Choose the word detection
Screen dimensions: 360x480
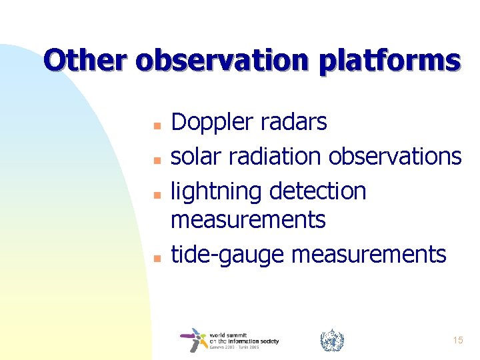(318, 191)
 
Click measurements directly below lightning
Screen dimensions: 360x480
(248, 219)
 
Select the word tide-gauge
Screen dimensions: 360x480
(229, 254)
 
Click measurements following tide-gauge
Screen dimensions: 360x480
(369, 254)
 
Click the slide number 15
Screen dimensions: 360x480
(458, 341)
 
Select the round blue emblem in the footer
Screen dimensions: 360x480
(331, 341)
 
